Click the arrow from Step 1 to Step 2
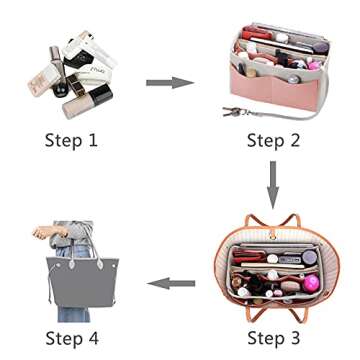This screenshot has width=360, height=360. click(x=169, y=81)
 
